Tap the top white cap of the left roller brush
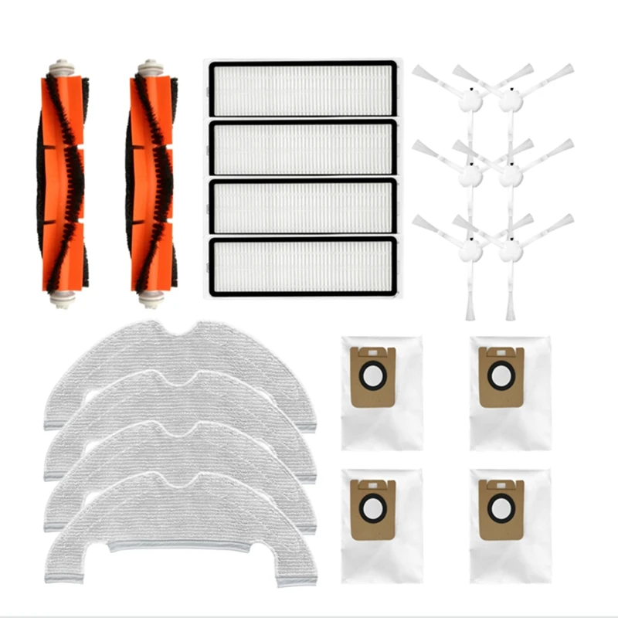coord(62,69)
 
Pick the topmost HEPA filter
coord(302,89)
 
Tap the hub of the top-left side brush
coord(470,100)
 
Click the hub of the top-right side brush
coord(510,100)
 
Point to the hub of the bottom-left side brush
coord(470,250)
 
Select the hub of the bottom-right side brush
coord(510,250)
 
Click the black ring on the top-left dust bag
coord(372,376)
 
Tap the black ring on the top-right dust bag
coord(501,376)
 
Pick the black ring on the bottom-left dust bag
coord(372,508)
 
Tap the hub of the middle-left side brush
coord(470,175)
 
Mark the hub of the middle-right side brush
coord(510,175)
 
